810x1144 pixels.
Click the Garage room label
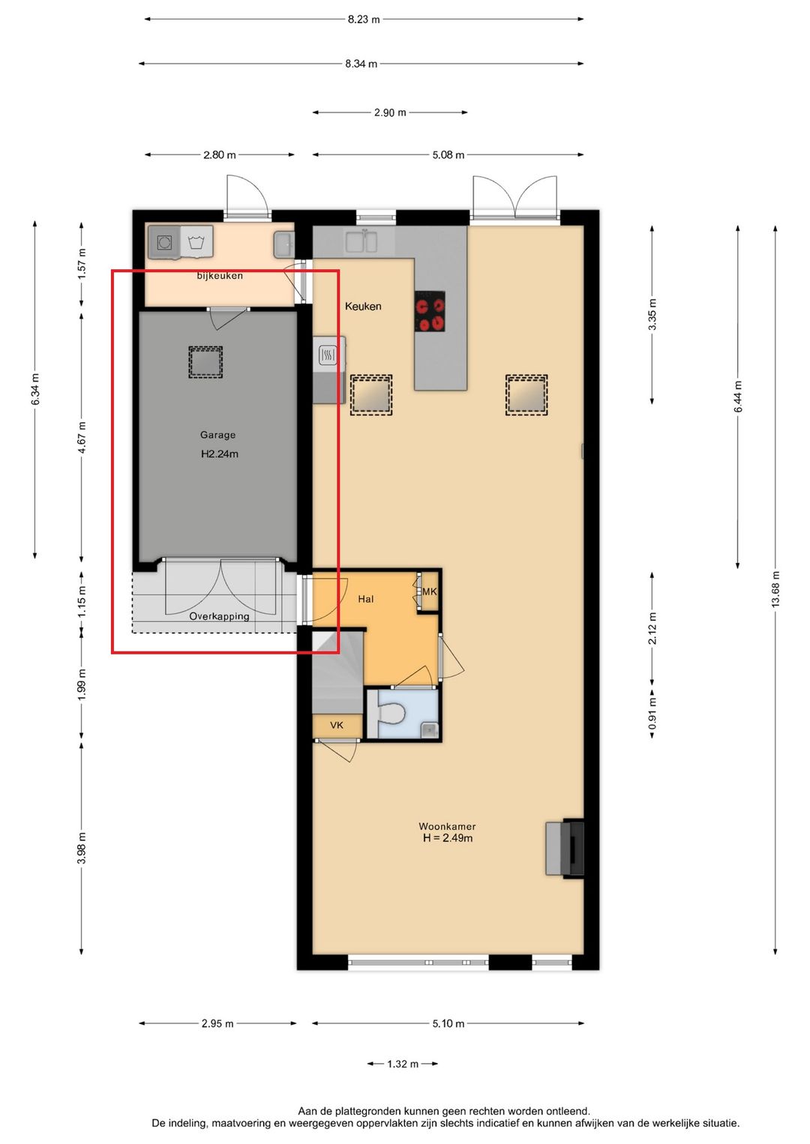[217, 435]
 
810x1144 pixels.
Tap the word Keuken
[363, 306]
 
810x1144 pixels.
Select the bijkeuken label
[220, 276]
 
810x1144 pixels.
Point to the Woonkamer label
[447, 826]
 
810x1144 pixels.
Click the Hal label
[365, 598]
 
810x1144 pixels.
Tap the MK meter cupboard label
[429, 591]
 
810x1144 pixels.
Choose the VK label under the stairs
[337, 725]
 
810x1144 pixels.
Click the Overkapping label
[219, 616]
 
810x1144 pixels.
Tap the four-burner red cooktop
[429, 312]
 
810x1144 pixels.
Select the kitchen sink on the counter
[361, 241]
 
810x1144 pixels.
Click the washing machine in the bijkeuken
[164, 241]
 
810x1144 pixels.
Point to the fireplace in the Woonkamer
[565, 849]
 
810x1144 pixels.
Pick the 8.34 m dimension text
[361, 64]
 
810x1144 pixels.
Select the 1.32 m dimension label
[403, 1064]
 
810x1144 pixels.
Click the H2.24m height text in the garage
[220, 454]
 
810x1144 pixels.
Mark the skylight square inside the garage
[205, 362]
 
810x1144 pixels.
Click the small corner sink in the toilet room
[429, 730]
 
